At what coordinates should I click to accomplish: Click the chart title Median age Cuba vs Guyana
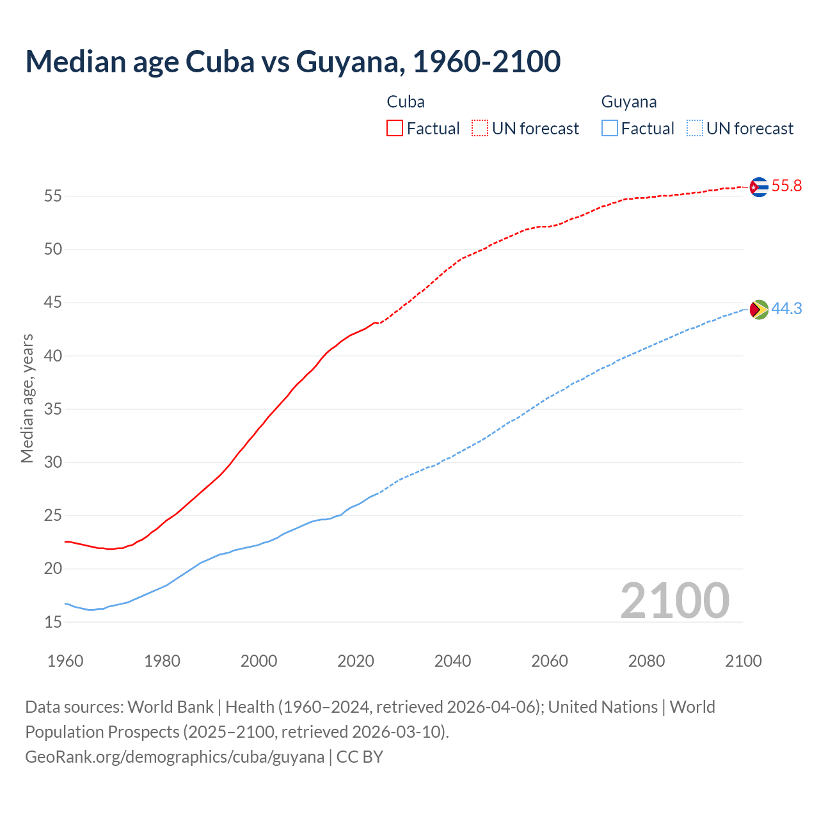293,61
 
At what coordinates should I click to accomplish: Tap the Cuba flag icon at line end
758,187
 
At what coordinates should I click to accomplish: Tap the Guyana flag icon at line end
758,309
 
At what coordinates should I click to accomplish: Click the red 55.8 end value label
786,186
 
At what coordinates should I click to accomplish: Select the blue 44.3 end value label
786,308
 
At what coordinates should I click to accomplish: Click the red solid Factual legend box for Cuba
395,129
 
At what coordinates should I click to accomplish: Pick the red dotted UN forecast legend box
480,129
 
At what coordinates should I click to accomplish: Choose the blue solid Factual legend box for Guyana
610,129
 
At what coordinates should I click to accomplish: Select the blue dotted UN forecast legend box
694,129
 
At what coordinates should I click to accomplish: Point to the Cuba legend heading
406,102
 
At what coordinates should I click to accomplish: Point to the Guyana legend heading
629,102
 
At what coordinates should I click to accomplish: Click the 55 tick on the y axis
53,196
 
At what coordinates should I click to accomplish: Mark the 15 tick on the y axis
53,622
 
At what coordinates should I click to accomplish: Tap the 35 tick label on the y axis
53,409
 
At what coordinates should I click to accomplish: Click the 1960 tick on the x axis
65,661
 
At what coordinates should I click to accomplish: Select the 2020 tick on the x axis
356,661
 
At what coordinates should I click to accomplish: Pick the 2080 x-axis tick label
646,661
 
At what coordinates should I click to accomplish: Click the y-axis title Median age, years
27,398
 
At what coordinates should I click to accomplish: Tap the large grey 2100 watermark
674,600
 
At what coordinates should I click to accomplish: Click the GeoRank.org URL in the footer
175,756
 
